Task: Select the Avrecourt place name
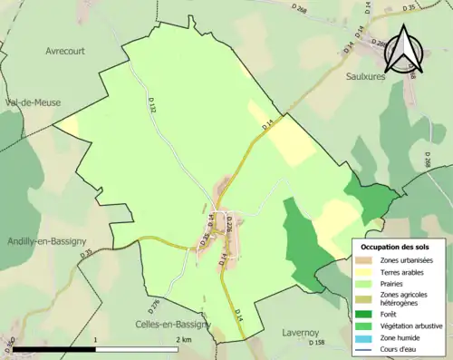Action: coord(65,52)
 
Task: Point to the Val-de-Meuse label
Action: coord(32,102)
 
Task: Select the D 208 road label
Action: coord(428,161)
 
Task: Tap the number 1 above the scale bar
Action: coord(96,339)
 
